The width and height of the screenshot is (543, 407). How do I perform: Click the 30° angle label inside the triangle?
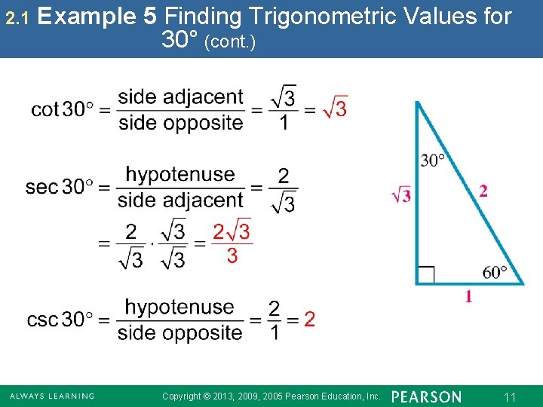(433, 160)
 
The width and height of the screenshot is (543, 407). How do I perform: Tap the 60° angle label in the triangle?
(495, 271)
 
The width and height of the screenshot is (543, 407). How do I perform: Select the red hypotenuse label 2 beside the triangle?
(483, 191)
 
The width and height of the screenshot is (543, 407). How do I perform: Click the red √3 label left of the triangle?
(401, 195)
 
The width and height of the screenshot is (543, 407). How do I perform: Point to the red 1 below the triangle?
(469, 297)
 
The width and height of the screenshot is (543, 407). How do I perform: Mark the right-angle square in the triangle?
(426, 274)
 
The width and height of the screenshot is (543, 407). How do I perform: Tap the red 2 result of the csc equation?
(309, 320)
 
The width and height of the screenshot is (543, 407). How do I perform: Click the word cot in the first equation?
(44, 110)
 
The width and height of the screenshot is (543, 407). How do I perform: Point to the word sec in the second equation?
(41, 187)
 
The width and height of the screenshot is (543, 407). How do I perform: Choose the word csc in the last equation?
(42, 320)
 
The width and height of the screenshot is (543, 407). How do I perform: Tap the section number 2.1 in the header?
(16, 17)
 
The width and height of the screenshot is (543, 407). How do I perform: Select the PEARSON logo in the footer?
(426, 396)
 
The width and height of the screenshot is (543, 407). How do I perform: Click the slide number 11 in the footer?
(510, 397)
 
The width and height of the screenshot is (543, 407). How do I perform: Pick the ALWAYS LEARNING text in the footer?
(51, 396)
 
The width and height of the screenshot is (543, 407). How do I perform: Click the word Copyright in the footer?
(182, 396)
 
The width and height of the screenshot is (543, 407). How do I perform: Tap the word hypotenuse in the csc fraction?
(179, 307)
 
